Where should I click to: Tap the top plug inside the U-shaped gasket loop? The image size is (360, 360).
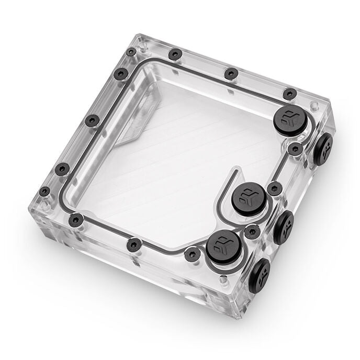click(x=248, y=197)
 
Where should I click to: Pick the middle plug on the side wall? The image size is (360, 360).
click(x=283, y=227)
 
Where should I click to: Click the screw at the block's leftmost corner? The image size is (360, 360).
click(x=44, y=192)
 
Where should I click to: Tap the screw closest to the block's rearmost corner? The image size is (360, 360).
click(x=130, y=52)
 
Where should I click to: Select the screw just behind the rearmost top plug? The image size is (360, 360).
click(x=289, y=94)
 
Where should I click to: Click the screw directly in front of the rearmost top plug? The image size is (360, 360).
click(x=295, y=149)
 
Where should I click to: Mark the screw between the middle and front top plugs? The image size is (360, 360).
click(x=252, y=231)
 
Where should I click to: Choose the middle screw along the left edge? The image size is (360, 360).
click(x=92, y=121)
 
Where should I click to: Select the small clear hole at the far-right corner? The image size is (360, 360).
click(x=313, y=107)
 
